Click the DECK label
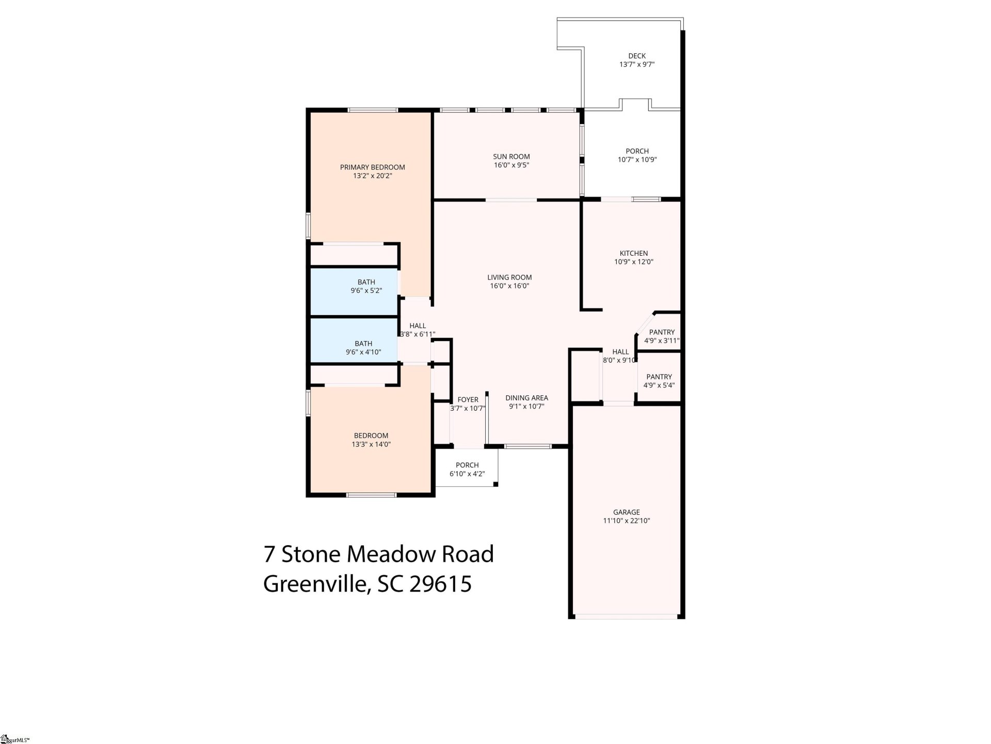(637, 56)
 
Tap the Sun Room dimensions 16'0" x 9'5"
(511, 165)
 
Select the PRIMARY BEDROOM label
(372, 167)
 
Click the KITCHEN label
(633, 253)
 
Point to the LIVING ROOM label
(509, 277)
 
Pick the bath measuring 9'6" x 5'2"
(366, 286)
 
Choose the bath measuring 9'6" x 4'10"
(363, 348)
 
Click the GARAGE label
(626, 512)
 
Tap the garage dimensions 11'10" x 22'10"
(626, 521)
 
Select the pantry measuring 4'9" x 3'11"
(661, 336)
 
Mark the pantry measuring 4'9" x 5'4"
(659, 381)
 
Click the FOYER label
(468, 399)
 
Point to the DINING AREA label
(526, 398)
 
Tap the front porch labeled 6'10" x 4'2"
(467, 469)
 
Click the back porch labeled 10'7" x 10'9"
(637, 155)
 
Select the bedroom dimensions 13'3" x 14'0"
(371, 444)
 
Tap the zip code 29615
(440, 584)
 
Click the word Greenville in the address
(314, 584)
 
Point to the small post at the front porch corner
(495, 484)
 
